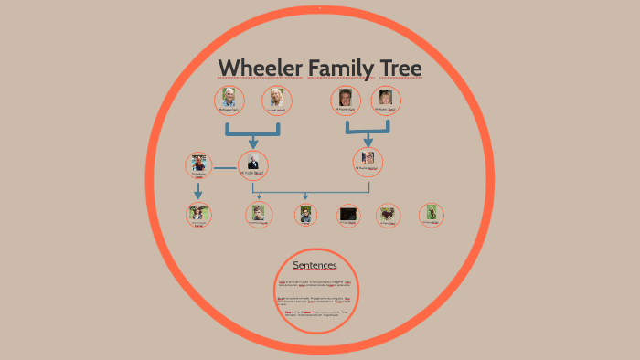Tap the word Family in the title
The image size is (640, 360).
click(x=345, y=69)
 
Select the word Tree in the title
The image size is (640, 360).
click(x=400, y=69)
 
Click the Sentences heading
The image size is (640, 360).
click(x=315, y=266)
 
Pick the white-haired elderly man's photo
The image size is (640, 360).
click(x=229, y=99)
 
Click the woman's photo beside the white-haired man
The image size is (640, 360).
click(x=276, y=100)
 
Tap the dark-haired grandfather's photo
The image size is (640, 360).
click(x=345, y=99)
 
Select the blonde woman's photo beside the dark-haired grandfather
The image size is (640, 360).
click(x=386, y=99)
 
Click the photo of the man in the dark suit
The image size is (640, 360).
click(x=253, y=163)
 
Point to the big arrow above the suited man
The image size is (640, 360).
click(x=253, y=135)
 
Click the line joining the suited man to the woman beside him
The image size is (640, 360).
click(x=225, y=168)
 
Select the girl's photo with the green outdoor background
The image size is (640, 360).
click(x=197, y=214)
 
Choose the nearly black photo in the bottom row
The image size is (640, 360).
click(x=347, y=215)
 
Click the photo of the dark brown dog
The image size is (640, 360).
click(x=389, y=215)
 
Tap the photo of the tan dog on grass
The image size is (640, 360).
click(x=431, y=213)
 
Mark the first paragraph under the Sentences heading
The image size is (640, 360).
click(x=315, y=284)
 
